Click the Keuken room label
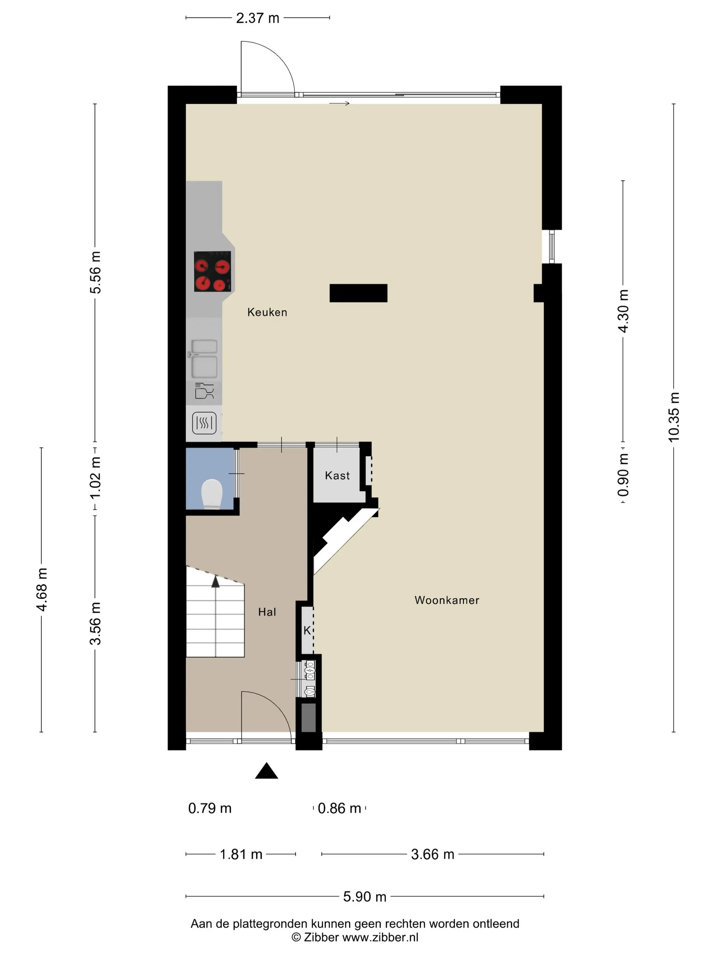267,312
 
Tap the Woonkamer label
447,600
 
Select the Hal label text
267,612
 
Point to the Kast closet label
337,475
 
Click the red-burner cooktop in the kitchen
212,272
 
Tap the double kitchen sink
204,358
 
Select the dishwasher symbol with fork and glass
204,391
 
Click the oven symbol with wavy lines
204,423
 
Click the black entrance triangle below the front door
266,771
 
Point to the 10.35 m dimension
673,417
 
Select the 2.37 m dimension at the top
258,18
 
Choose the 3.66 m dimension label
433,855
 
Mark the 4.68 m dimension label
42,589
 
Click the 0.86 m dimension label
339,808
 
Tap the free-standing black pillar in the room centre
359,293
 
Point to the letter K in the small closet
307,631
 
